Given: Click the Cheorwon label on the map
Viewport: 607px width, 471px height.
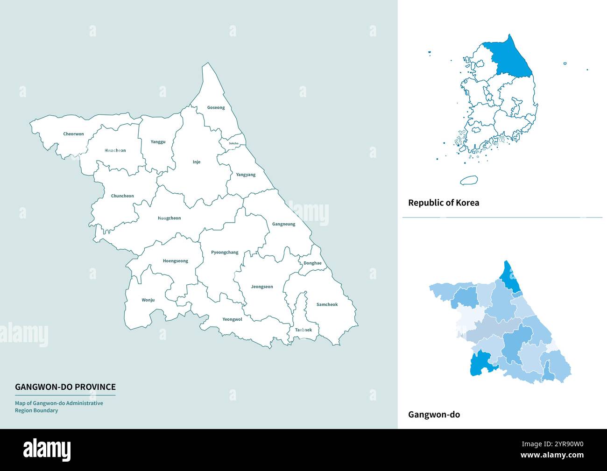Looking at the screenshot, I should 73,134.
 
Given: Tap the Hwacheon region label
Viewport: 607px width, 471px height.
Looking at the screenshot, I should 115,150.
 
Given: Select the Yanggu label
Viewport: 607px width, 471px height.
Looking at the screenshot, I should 158,141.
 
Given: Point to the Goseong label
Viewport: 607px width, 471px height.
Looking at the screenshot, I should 216,107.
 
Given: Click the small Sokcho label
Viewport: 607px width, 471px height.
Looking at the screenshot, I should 233,143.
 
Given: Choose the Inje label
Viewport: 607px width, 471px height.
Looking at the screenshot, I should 197,162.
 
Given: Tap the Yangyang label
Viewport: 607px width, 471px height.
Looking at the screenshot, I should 246,175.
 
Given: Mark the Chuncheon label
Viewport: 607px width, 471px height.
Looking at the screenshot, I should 122,196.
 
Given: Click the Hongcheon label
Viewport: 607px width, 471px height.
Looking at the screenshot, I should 169,218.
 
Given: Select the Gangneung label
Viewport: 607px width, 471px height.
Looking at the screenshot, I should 283,224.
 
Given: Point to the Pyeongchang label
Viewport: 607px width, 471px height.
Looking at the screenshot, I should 225,252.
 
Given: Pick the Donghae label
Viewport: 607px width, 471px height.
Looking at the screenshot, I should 312,263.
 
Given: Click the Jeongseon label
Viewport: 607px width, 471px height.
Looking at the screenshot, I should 261,287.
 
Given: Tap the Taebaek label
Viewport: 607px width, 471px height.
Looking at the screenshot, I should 303,330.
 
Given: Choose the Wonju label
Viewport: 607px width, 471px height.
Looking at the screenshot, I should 148,300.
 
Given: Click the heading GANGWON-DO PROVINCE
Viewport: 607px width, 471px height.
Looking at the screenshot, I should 65,387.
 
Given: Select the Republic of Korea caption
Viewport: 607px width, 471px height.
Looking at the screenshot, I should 444,203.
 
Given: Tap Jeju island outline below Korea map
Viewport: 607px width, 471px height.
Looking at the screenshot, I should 468,180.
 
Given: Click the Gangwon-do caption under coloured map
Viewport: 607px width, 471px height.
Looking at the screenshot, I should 434,415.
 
